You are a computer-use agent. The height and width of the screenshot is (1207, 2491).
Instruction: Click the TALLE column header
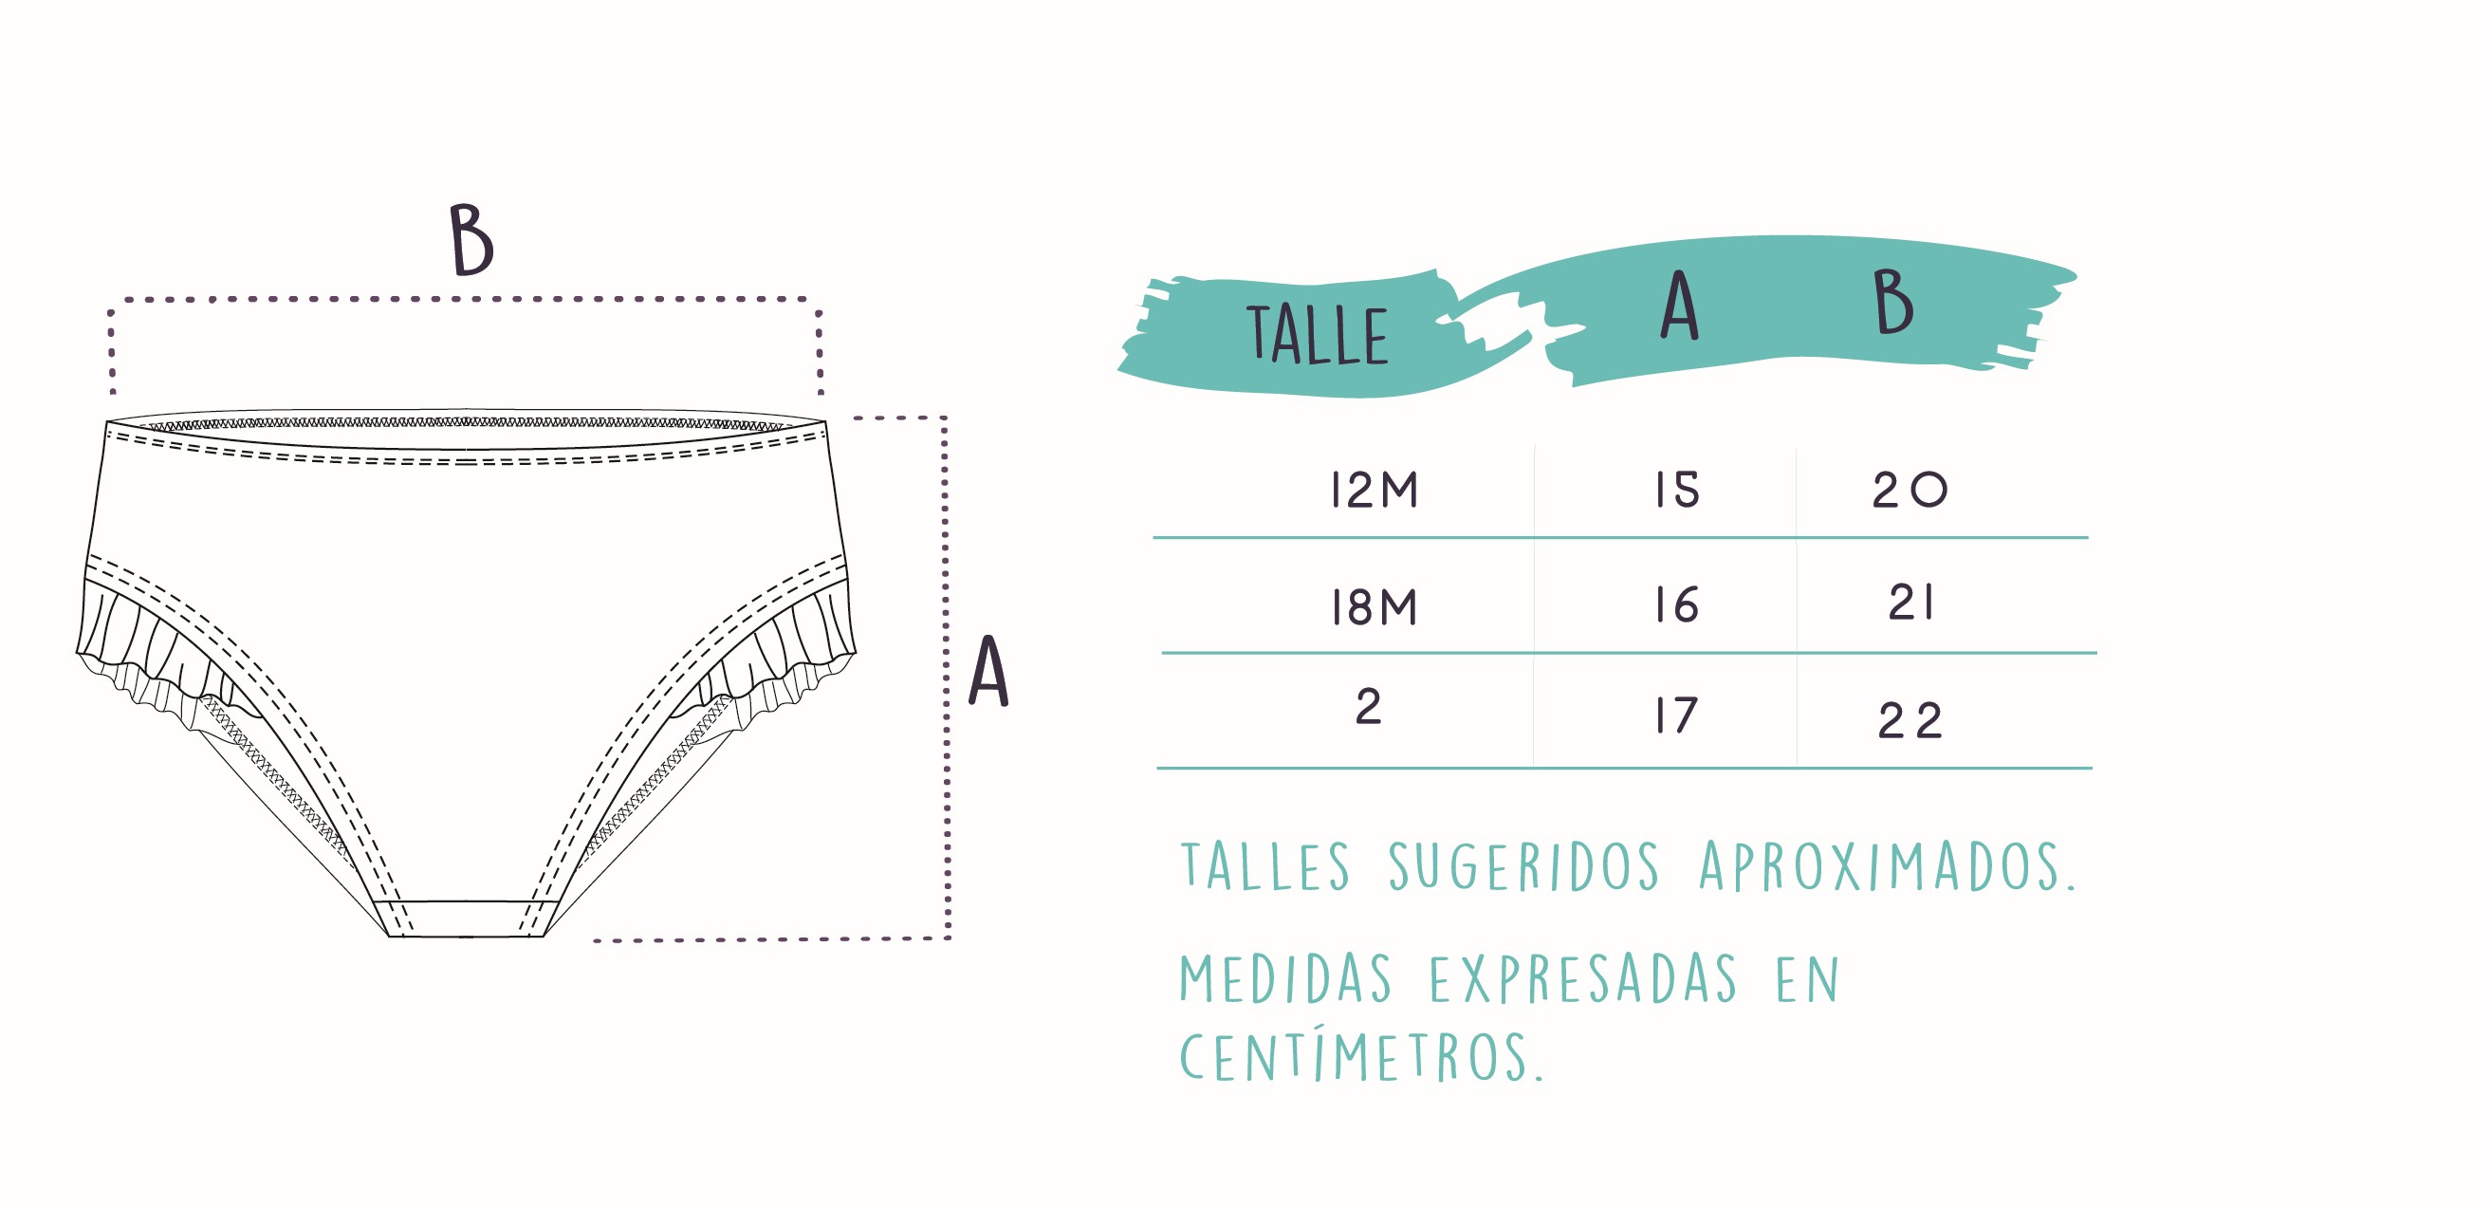(x=1317, y=335)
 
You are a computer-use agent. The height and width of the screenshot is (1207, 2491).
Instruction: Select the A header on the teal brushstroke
(x=1680, y=306)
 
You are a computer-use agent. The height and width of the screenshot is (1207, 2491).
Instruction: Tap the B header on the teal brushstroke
(x=1892, y=303)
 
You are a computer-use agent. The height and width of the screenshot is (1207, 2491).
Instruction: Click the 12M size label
(x=1375, y=490)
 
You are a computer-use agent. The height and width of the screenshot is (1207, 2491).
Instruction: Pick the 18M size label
(x=1375, y=607)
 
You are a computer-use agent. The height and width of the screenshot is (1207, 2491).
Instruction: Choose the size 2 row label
(x=1368, y=707)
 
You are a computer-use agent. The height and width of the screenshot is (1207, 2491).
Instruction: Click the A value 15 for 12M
(x=1677, y=490)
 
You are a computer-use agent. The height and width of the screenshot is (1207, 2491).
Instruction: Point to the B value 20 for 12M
(x=1910, y=490)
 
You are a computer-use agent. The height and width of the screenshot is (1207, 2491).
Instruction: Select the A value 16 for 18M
(x=1677, y=605)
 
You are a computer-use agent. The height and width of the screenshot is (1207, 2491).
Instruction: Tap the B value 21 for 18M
(x=1911, y=603)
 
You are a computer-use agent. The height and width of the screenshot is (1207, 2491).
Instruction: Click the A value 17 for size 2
(x=1677, y=715)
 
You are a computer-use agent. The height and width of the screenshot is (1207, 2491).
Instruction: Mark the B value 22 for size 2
(x=1910, y=720)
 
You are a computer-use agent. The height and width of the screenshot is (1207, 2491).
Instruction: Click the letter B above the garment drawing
(x=471, y=240)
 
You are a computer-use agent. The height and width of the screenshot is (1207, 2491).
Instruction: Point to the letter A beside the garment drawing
(x=988, y=671)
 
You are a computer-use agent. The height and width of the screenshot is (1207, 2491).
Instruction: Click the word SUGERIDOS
(x=1524, y=865)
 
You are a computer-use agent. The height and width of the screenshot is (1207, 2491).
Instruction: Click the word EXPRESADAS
(x=1583, y=978)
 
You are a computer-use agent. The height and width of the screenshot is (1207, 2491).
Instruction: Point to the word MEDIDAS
(x=1285, y=978)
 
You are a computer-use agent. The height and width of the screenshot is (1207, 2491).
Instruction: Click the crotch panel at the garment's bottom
(x=466, y=918)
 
